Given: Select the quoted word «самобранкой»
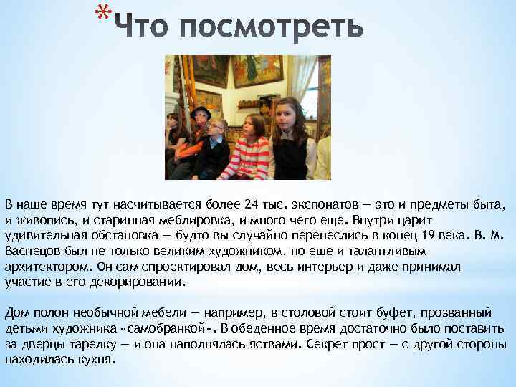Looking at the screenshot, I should [168, 329].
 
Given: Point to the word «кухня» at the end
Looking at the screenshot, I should [93, 360].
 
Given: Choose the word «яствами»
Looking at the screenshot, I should [272, 345].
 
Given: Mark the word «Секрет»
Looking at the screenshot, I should [327, 345].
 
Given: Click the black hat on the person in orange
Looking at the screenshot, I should [200, 111].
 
